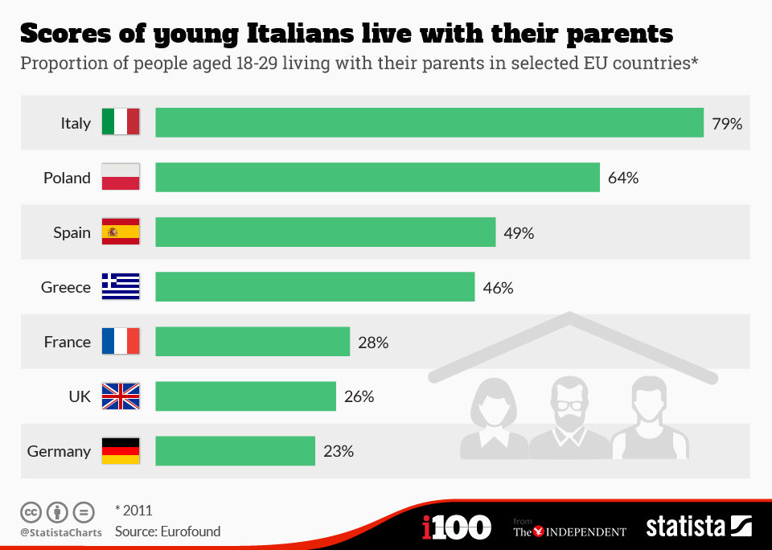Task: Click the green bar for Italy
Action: pyautogui.click(x=429, y=123)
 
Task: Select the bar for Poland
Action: pyautogui.click(x=377, y=178)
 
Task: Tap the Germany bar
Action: pyautogui.click(x=235, y=451)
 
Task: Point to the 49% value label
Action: pyautogui.click(x=519, y=233)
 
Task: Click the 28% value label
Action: pyautogui.click(x=373, y=343)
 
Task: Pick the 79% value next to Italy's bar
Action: pyautogui.click(x=727, y=124)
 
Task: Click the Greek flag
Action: pyautogui.click(x=121, y=287)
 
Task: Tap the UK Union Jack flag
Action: pyautogui.click(x=121, y=396)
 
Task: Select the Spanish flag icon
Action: pyautogui.click(x=121, y=232)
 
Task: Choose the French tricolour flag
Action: pyautogui.click(x=121, y=342)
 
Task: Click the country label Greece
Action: pyautogui.click(x=66, y=288)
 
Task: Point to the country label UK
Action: pyautogui.click(x=80, y=397)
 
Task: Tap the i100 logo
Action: pyautogui.click(x=456, y=527)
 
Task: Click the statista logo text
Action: pyautogui.click(x=685, y=527)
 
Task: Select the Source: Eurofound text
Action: pyautogui.click(x=167, y=532)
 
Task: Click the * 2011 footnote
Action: pyautogui.click(x=133, y=510)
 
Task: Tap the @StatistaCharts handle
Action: pyautogui.click(x=61, y=532)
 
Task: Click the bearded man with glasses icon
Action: pyautogui.click(x=570, y=418)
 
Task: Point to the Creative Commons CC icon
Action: pyautogui.click(x=31, y=511)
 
